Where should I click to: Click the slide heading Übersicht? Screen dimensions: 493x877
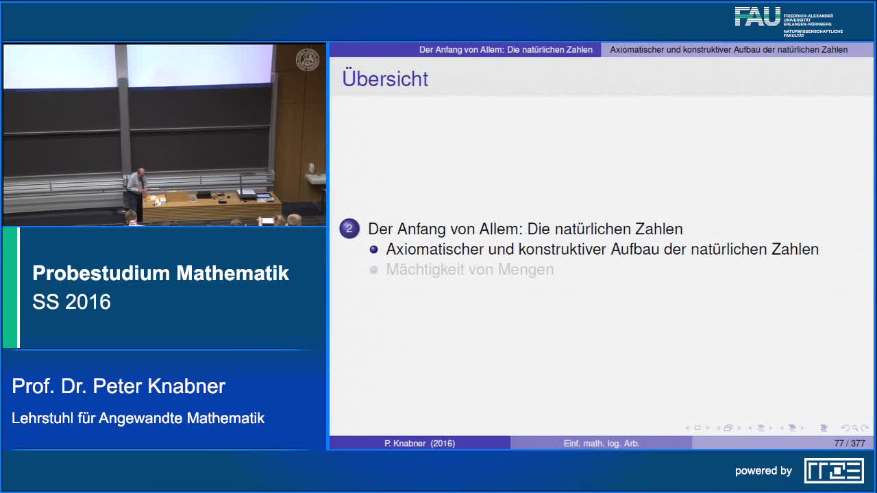pos(385,79)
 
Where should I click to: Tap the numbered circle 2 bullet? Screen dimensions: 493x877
pos(349,229)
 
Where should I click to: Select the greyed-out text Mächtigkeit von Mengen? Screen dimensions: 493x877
pos(470,270)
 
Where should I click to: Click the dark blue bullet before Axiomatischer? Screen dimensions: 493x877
pos(373,249)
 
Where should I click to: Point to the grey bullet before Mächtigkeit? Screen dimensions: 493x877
pos(373,270)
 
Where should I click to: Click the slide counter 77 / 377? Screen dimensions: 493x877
pos(850,443)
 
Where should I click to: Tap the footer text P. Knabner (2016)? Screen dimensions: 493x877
pos(419,443)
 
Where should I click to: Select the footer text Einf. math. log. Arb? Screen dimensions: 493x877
pos(602,443)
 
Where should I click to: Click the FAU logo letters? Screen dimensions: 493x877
pos(757,16)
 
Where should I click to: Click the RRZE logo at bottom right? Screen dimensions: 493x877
pos(834,470)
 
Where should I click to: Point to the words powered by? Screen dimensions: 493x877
pos(763,471)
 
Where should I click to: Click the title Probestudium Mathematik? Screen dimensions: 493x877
pos(161,273)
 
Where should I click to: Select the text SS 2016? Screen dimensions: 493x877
pos(71,302)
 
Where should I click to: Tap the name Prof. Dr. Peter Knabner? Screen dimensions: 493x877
pos(119,386)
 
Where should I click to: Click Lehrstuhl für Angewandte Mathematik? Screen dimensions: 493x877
pos(138,418)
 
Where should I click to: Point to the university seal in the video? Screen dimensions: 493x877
pos(307,60)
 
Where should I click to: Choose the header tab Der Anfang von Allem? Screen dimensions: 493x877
pos(506,50)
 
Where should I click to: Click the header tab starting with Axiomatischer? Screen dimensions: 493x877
pos(728,50)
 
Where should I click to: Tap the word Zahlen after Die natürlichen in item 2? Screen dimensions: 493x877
pos(658,229)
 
